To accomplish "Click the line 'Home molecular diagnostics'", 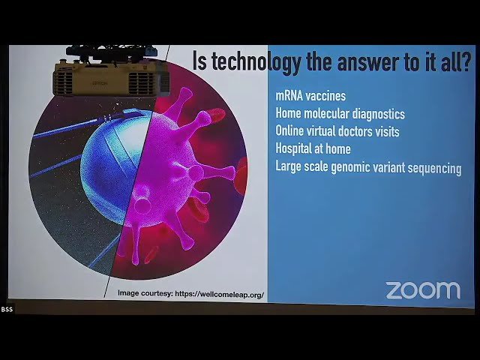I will (x=340, y=114).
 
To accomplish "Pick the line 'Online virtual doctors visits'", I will (x=337, y=131).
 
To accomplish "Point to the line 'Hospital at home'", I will (x=313, y=148).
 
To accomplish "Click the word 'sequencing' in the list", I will (x=433, y=168).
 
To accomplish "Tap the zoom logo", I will (x=423, y=290).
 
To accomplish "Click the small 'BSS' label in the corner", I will (x=7, y=309).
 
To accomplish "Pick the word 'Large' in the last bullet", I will (x=289, y=167).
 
